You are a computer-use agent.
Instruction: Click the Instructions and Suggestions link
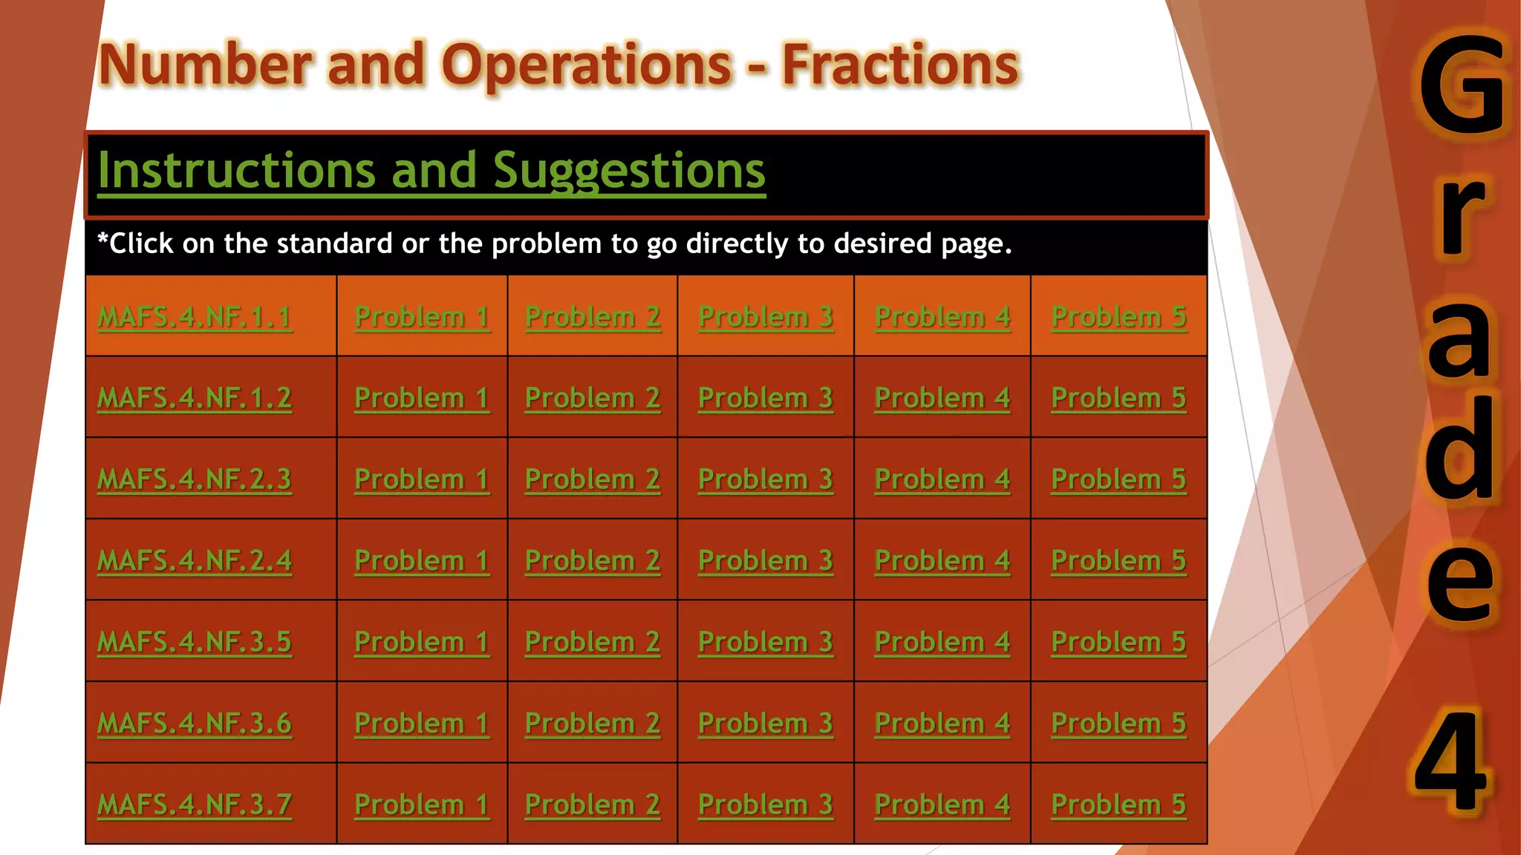431,171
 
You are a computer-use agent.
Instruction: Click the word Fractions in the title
899,65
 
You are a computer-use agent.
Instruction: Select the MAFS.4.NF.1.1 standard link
195,318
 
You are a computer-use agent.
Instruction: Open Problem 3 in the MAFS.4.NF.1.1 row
766,318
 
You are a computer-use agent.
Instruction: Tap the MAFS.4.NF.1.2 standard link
195,399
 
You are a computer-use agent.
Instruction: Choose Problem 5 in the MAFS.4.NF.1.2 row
1118,399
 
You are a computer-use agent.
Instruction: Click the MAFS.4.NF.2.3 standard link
195,479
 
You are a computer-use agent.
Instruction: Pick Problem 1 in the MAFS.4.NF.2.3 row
422,479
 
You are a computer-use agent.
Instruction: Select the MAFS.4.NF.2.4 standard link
195,561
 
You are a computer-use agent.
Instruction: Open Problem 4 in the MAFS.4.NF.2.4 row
942,561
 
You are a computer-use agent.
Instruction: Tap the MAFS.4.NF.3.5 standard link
195,642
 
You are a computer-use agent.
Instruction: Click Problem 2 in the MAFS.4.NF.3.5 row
593,642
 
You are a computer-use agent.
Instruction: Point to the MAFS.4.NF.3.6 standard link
195,724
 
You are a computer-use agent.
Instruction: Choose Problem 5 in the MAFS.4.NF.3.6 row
1118,724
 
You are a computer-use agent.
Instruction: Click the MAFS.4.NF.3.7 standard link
195,805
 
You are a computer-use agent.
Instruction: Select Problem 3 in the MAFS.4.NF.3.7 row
766,805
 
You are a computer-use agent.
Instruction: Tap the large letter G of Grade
1462,85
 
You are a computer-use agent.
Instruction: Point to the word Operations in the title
587,65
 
